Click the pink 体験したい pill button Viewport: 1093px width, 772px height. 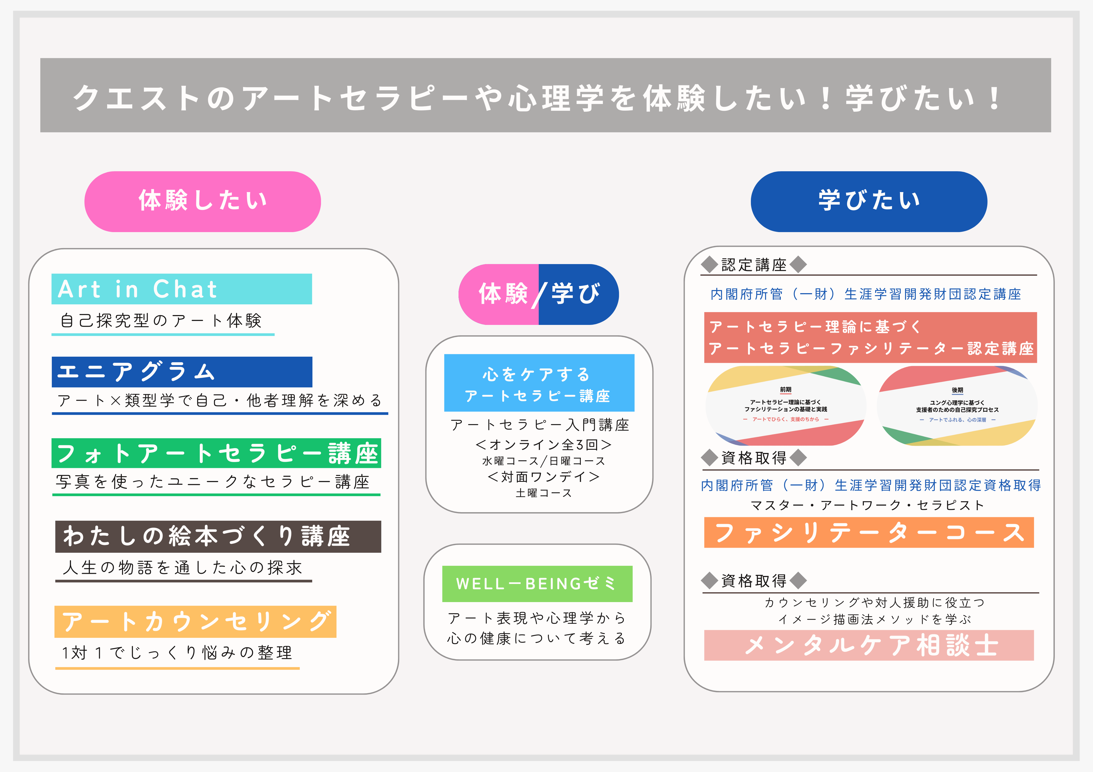[x=202, y=202]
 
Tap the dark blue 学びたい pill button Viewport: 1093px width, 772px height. [x=869, y=202]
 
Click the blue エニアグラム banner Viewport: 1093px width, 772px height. [x=182, y=372]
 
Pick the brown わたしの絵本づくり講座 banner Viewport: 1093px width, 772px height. [x=218, y=536]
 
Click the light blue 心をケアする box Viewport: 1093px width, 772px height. [x=539, y=383]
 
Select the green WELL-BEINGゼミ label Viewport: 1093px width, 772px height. [x=537, y=584]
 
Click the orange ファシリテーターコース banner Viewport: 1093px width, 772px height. [x=869, y=532]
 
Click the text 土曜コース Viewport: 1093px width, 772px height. [x=544, y=493]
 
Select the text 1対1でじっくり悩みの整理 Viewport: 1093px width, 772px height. [x=177, y=652]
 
